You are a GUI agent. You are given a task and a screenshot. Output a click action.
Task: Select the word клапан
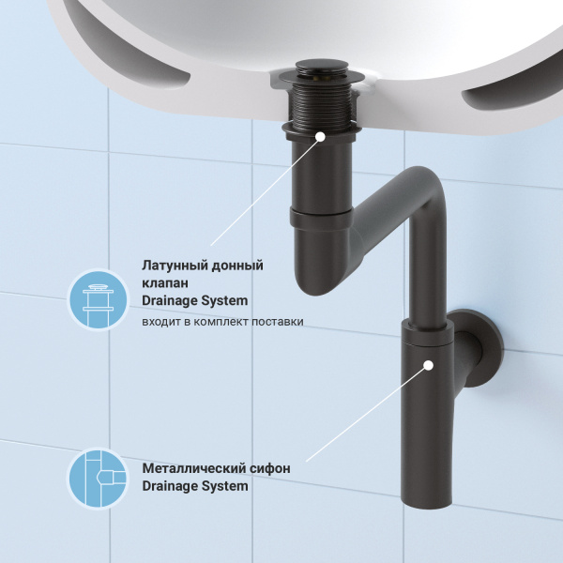click(166, 283)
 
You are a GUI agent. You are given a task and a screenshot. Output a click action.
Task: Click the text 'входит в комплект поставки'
click(222, 322)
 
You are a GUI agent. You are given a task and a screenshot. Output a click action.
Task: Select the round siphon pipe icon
click(98, 478)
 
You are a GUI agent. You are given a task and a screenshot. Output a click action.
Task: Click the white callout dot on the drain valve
click(321, 137)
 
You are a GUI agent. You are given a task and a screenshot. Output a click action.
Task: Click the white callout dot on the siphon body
click(428, 365)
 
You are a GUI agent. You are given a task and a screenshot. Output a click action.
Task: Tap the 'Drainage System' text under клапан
click(194, 301)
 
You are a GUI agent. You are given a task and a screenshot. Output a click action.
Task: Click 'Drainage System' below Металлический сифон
click(194, 486)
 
